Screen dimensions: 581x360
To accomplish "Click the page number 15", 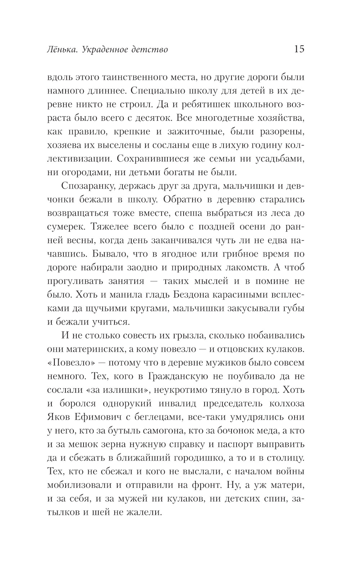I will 299,49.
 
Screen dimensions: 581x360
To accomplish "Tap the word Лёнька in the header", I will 62,49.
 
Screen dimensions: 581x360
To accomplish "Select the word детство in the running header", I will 152,49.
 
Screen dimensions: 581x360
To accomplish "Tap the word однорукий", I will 126,404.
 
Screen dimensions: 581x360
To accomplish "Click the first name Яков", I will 58,417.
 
